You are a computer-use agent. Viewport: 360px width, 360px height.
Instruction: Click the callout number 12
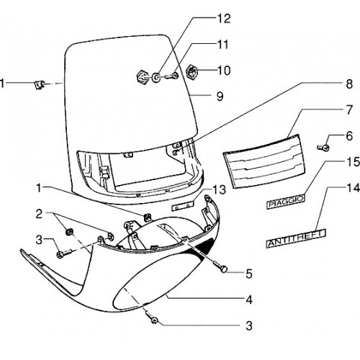click(224, 19)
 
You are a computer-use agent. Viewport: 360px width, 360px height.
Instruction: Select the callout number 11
click(223, 45)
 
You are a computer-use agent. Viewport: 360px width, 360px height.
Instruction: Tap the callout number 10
click(224, 71)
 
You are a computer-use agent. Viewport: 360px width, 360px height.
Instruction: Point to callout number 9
click(220, 96)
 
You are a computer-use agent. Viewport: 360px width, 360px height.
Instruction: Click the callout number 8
click(349, 84)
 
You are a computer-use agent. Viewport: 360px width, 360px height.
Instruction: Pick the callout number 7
click(349, 109)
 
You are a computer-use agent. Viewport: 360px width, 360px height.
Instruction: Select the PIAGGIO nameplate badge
click(286, 202)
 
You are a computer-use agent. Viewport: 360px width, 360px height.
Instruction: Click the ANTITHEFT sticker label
click(296, 238)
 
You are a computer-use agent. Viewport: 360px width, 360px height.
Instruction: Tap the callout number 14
click(354, 188)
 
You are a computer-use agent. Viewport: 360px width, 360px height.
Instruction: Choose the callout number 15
click(354, 162)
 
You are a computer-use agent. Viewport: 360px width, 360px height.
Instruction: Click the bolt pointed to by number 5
click(222, 267)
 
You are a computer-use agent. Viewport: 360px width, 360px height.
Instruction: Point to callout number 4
click(249, 300)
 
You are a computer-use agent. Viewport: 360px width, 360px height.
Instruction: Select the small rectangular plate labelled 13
click(183, 207)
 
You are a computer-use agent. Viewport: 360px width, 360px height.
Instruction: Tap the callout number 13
click(219, 190)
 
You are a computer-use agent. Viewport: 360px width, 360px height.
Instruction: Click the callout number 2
click(39, 214)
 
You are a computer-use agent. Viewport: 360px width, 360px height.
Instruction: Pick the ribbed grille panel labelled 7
click(264, 161)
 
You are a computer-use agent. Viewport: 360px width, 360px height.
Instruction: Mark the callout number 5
click(249, 274)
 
